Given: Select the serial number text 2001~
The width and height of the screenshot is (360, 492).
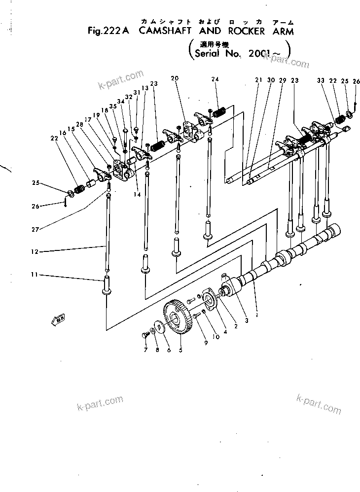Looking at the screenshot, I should pyautogui.click(x=265, y=54).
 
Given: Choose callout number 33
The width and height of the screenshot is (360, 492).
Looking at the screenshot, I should pyautogui.click(x=321, y=81).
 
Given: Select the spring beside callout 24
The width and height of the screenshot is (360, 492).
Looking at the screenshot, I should pyautogui.click(x=218, y=113).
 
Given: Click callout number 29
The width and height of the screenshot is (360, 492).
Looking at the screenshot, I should pyautogui.click(x=283, y=80).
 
